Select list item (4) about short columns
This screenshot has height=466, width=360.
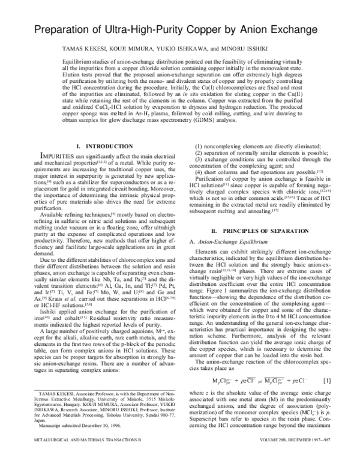tap(247, 171)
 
